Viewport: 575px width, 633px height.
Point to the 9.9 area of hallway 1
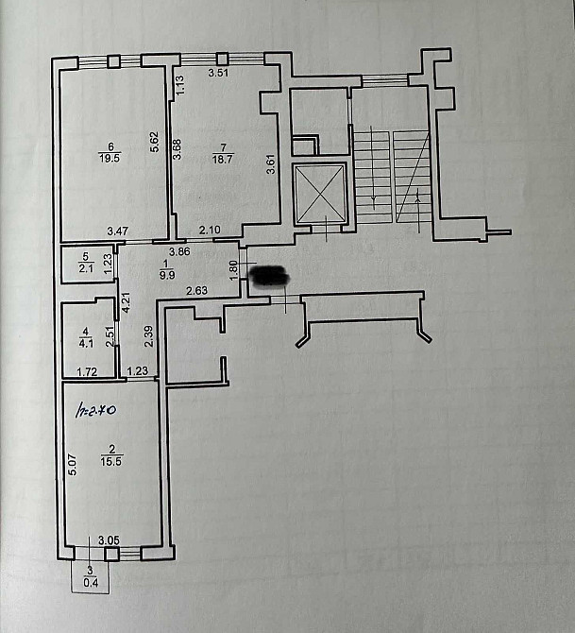coord(168,276)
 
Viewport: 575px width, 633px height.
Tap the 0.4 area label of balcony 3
coord(91,583)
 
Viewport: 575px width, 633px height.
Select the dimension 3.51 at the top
coord(218,72)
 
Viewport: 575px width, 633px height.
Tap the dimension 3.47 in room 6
coord(117,231)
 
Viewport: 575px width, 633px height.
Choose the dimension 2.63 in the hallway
coord(196,290)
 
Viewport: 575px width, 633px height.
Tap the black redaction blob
coord(271,276)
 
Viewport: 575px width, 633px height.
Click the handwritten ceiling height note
coord(95,412)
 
